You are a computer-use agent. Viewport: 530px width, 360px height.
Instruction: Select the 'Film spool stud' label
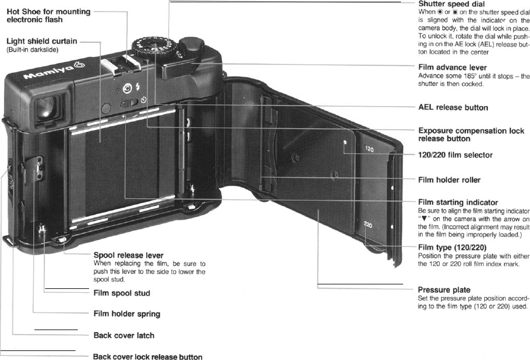(x=121, y=293)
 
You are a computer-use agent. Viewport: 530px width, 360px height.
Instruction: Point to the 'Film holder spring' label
(x=127, y=313)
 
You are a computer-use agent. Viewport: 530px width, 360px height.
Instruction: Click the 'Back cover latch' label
(x=123, y=335)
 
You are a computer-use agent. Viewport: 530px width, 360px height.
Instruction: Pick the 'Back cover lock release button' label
(x=147, y=357)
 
